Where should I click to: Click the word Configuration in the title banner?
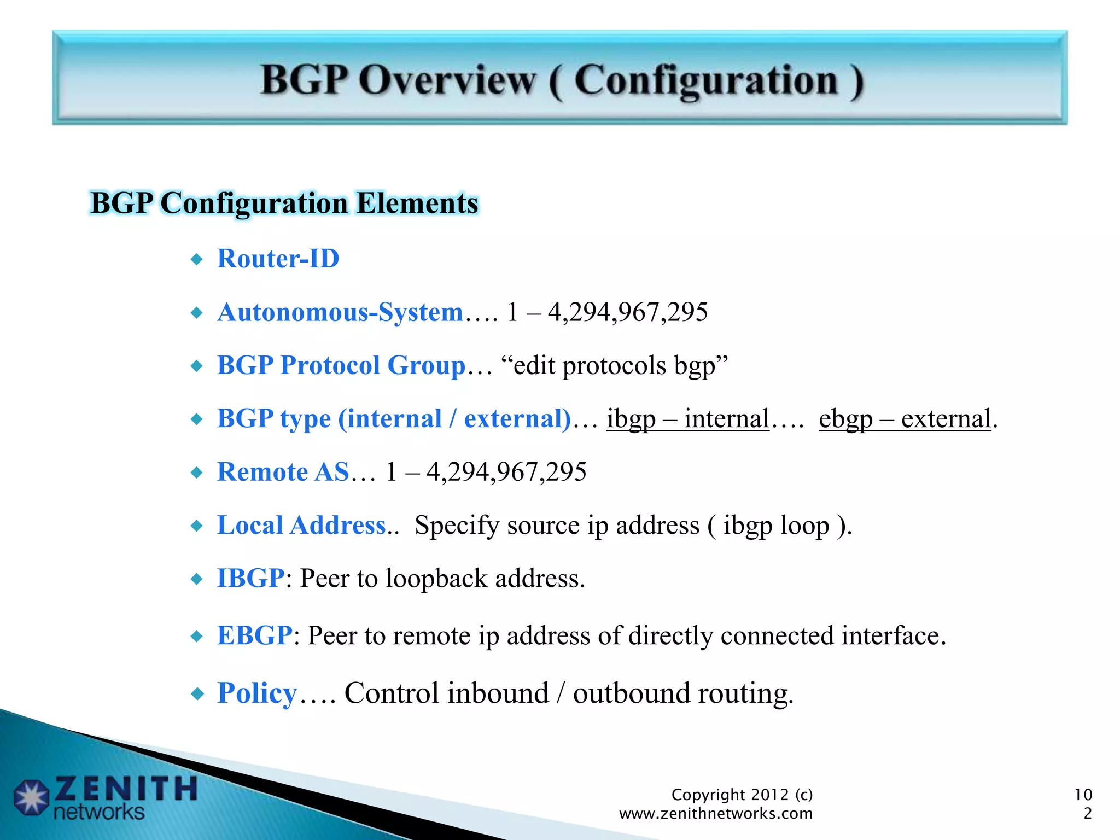[705, 81]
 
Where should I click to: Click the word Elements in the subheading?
[417, 203]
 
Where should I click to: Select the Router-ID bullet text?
[278, 259]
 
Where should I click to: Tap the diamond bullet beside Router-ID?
[197, 259]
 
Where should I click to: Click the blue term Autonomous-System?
[340, 312]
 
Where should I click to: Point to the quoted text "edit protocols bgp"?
[614, 365]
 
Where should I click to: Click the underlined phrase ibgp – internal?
[687, 419]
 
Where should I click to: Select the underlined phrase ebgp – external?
[905, 419]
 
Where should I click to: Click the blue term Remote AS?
[283, 472]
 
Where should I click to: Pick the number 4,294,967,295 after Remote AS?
[506, 472]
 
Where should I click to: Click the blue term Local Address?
[301, 526]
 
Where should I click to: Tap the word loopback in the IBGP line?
[436, 579]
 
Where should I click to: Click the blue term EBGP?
[254, 635]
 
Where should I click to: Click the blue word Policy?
[257, 693]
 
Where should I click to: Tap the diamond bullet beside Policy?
[197, 695]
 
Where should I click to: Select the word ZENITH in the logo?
[126, 789]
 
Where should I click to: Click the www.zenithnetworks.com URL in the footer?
[715, 814]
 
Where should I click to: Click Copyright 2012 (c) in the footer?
[742, 795]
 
